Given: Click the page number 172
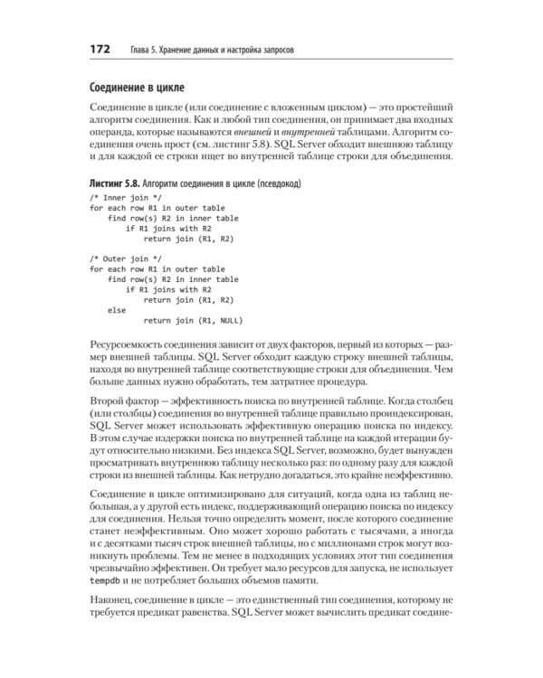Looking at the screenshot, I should (x=98, y=48).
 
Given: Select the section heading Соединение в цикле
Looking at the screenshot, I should (x=137, y=88).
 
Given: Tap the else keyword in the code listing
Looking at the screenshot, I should (x=117, y=309).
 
